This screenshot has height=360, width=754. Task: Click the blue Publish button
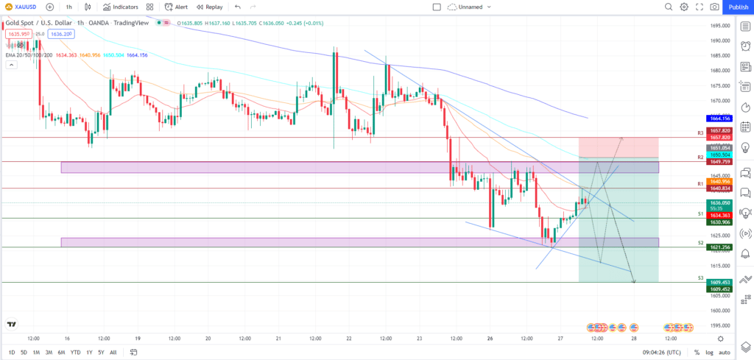(x=738, y=7)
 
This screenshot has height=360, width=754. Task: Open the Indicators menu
(x=121, y=7)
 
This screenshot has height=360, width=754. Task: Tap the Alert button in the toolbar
(x=176, y=7)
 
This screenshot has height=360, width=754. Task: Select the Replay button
(x=209, y=7)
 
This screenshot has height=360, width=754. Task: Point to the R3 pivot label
(x=700, y=133)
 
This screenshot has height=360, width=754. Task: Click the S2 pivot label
(x=700, y=242)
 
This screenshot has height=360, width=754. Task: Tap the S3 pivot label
(x=700, y=278)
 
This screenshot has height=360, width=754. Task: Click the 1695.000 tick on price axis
(x=719, y=26)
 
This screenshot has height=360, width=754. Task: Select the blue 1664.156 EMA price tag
(x=719, y=119)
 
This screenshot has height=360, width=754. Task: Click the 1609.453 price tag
(x=719, y=282)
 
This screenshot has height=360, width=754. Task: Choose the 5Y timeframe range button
(x=100, y=353)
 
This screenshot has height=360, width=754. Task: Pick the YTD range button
(x=75, y=353)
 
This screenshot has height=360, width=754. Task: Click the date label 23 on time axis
(x=419, y=339)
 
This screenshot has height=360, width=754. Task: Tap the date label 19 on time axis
(x=138, y=339)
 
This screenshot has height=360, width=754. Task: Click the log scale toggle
(x=708, y=353)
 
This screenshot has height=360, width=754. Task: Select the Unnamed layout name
(x=470, y=7)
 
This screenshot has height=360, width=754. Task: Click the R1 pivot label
(x=700, y=183)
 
